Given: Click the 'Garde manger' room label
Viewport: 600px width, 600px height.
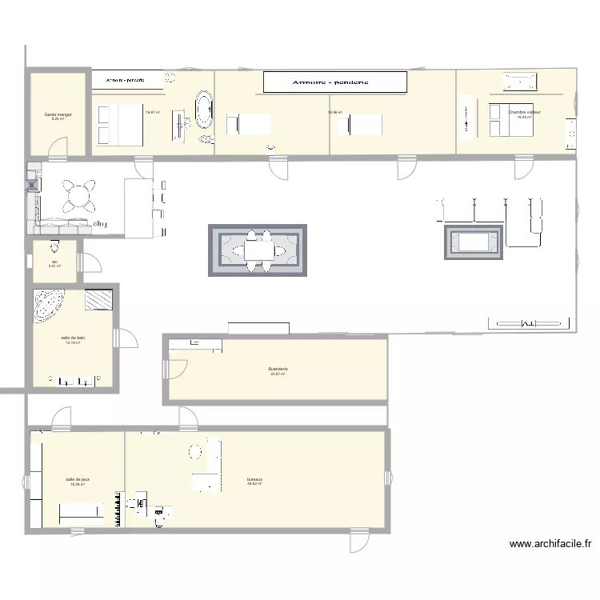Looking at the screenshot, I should [58, 115].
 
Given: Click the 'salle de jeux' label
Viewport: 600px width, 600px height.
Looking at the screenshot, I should [78, 479].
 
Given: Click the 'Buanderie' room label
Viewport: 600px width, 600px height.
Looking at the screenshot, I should [278, 369].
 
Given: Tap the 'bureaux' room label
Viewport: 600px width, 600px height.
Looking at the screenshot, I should [255, 479].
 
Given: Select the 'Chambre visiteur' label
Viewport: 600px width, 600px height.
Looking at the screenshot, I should [524, 112].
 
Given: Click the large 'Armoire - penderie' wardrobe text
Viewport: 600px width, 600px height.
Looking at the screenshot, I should [335, 82].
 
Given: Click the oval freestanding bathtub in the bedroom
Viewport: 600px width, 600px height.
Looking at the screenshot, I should [204, 110].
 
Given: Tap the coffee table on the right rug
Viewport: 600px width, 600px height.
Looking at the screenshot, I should [474, 242].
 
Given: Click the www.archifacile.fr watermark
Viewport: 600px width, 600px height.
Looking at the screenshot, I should [550, 544].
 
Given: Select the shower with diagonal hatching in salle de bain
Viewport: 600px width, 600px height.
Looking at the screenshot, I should [99, 298].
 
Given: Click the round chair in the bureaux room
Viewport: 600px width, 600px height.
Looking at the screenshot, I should [196, 451].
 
